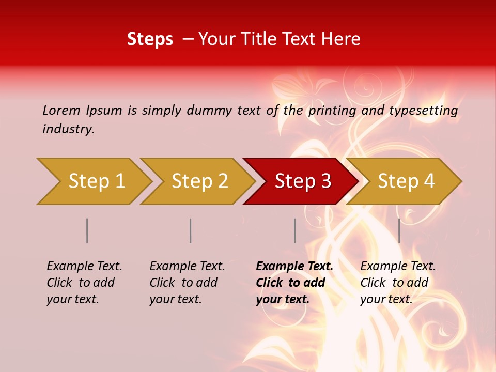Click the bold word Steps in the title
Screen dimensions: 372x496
click(x=150, y=39)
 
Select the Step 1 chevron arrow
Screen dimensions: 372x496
click(x=97, y=181)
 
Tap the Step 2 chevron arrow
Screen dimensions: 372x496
click(x=200, y=181)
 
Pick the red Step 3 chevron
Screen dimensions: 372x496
click(x=303, y=181)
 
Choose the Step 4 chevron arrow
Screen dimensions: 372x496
click(x=406, y=181)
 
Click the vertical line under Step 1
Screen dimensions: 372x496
click(x=87, y=230)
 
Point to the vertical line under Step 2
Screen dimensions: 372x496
click(x=191, y=230)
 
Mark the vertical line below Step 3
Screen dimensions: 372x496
click(x=295, y=230)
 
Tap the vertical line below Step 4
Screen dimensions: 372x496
click(x=399, y=230)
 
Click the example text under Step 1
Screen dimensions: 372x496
click(x=84, y=283)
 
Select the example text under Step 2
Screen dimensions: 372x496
click(x=187, y=283)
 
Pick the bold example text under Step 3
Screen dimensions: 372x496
click(x=295, y=283)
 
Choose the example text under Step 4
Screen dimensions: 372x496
click(x=398, y=283)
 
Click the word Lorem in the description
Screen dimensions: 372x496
click(x=61, y=111)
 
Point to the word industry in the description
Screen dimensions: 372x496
click(x=68, y=129)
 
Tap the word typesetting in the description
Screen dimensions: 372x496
click(x=423, y=111)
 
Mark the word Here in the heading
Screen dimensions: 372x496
click(x=341, y=39)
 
